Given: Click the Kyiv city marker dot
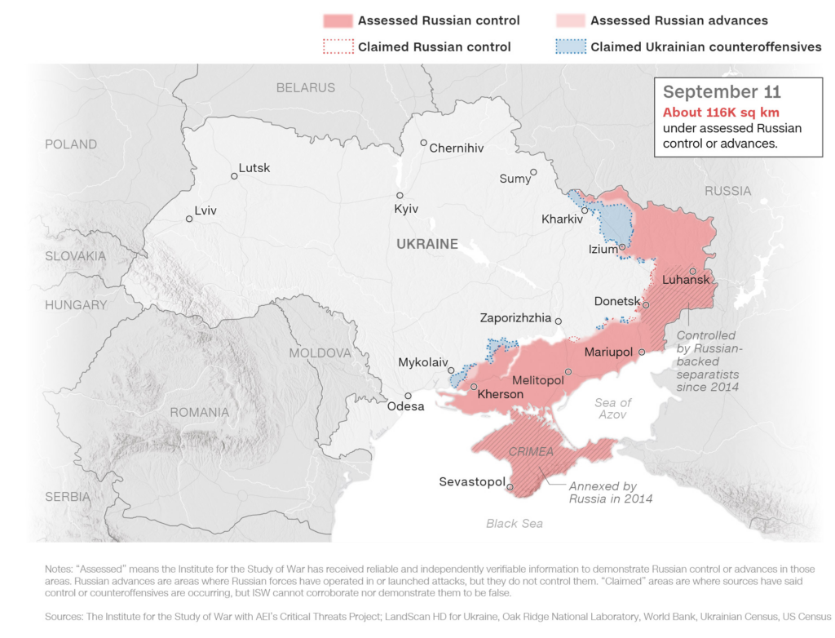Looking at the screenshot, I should coord(400,196).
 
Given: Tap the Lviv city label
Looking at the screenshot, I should coord(207,209).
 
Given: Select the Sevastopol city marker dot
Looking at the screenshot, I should coord(510,488).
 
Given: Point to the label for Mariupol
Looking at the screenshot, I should coord(609,352).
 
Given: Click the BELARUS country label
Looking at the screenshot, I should coord(305,87).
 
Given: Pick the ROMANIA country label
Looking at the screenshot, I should coord(200,412).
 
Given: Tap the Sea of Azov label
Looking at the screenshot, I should coord(612,409).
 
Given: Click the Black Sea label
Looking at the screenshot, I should coord(514,523).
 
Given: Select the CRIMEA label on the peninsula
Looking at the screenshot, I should coord(531,451).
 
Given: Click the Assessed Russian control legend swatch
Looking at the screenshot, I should coord(337,20).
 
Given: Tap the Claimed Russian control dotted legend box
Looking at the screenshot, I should coord(337,47).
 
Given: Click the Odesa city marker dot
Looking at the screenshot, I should coord(409,396).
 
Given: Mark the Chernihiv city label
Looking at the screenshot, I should coord(457,148).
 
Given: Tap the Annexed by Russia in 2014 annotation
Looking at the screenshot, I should coord(610,492).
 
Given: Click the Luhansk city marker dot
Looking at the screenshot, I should coord(692,271).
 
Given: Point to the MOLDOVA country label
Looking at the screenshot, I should coord(320,353).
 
